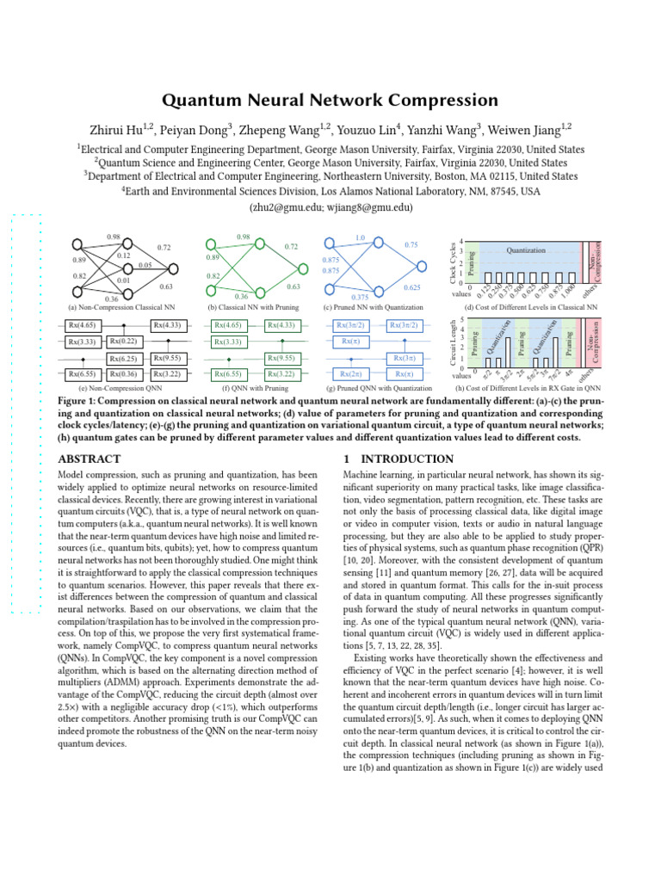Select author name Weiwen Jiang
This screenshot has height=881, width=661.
523,130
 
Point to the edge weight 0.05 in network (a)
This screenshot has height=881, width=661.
145,265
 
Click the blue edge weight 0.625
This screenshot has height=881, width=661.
411,287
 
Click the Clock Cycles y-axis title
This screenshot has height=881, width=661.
454,262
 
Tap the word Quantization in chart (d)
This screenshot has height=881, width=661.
526,250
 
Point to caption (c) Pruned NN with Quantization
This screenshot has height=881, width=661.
374,307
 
